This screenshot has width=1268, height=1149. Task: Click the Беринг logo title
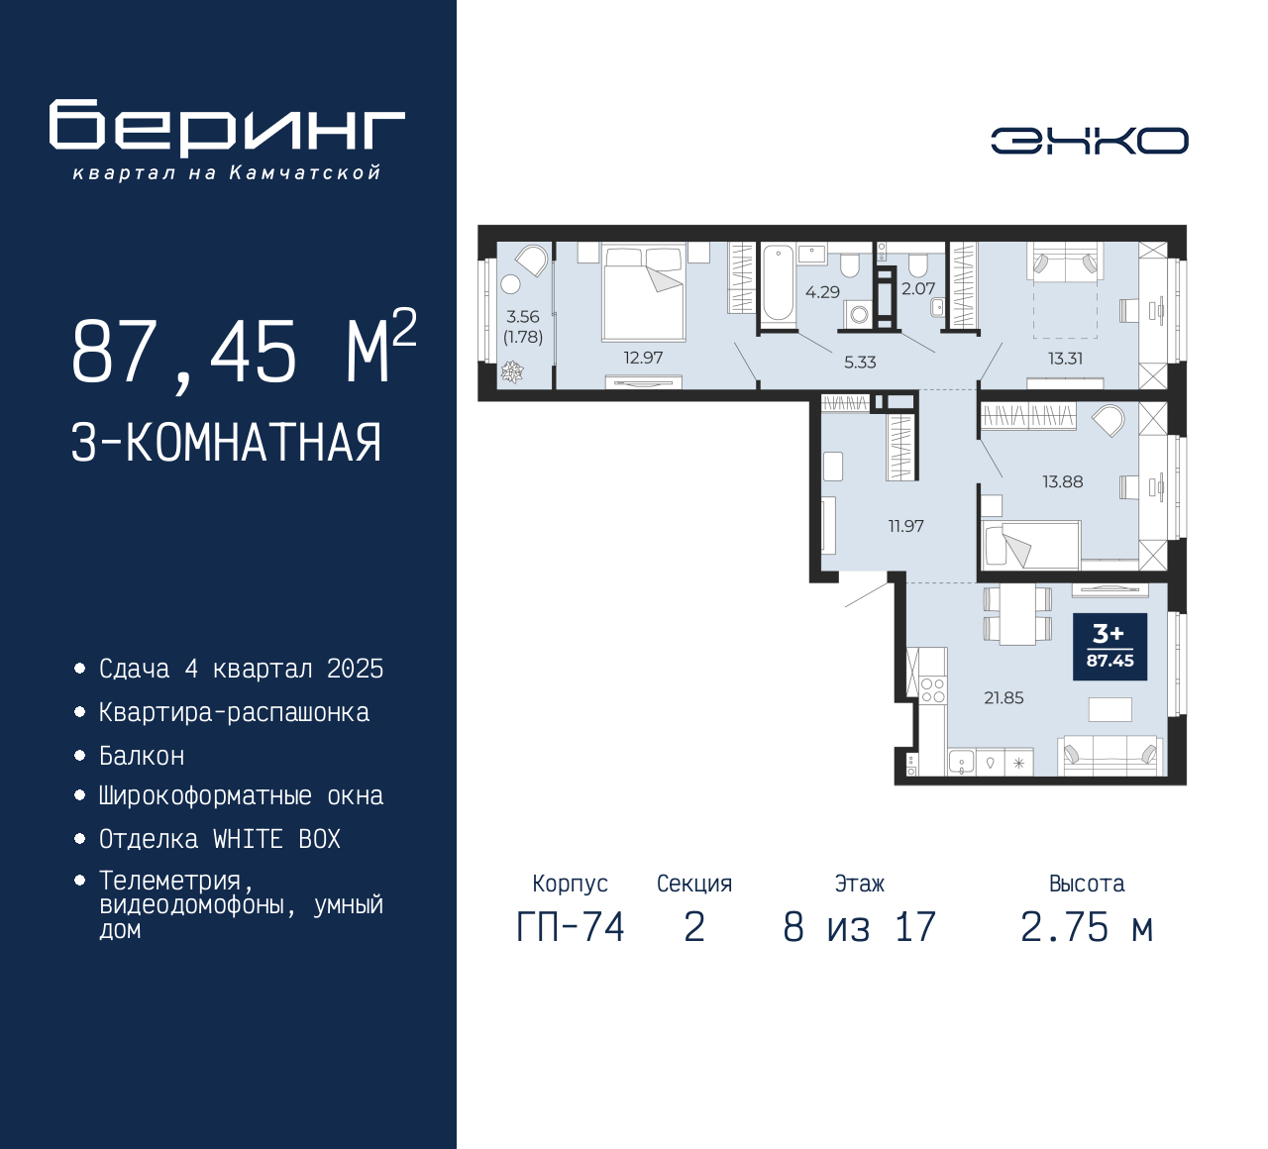(227, 127)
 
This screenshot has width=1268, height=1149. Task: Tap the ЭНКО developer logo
(1089, 141)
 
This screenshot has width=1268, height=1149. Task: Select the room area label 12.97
(643, 358)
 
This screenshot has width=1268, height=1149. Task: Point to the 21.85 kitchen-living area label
(1004, 697)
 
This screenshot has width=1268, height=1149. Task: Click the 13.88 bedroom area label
(1062, 481)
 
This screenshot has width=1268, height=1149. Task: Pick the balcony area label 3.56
(523, 317)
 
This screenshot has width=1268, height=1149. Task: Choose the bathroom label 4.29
(822, 292)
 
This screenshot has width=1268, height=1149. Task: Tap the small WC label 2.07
(918, 288)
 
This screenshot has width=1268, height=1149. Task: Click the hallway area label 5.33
(860, 362)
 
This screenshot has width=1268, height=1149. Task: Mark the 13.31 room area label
(1065, 359)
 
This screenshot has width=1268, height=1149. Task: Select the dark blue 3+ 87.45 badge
(1109, 647)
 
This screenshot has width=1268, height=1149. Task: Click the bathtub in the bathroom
(778, 282)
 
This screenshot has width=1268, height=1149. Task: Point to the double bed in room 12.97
(643, 293)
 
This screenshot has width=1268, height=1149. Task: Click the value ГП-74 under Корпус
(571, 927)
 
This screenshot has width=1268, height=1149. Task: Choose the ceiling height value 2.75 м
(1087, 927)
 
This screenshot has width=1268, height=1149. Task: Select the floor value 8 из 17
(859, 927)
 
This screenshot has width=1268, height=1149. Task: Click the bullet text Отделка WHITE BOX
(219, 839)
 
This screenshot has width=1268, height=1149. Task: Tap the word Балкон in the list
(142, 756)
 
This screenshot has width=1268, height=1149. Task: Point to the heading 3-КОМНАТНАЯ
(227, 442)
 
